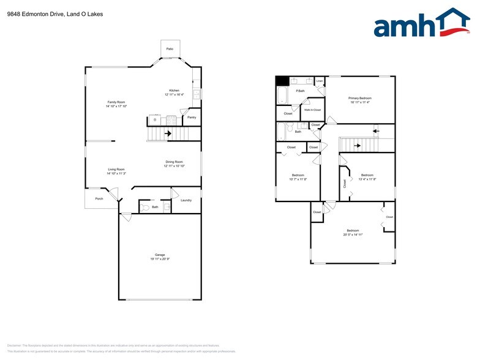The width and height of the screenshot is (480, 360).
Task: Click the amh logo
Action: point(422,25)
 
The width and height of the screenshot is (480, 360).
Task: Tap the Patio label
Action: point(170,48)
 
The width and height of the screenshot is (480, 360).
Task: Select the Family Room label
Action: point(116,102)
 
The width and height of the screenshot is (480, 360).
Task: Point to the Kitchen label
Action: point(174,91)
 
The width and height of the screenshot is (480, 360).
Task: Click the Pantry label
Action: point(192,117)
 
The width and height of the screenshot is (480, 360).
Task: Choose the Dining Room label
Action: point(174,162)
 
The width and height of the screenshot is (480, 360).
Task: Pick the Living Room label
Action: point(116,170)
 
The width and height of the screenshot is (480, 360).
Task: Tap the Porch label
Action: point(99,199)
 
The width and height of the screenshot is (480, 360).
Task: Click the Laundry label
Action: point(186,200)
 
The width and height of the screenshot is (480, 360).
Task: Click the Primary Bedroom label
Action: point(360,98)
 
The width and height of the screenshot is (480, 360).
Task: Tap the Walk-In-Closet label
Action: point(312,110)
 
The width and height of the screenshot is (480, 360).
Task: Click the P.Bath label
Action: point(301,91)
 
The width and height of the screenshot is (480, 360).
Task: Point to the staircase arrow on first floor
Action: point(167,133)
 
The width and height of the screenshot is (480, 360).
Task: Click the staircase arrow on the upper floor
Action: point(376,130)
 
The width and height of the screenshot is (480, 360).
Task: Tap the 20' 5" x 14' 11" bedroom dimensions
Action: point(352,234)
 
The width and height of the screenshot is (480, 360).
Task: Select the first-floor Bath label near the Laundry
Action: point(155,207)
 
